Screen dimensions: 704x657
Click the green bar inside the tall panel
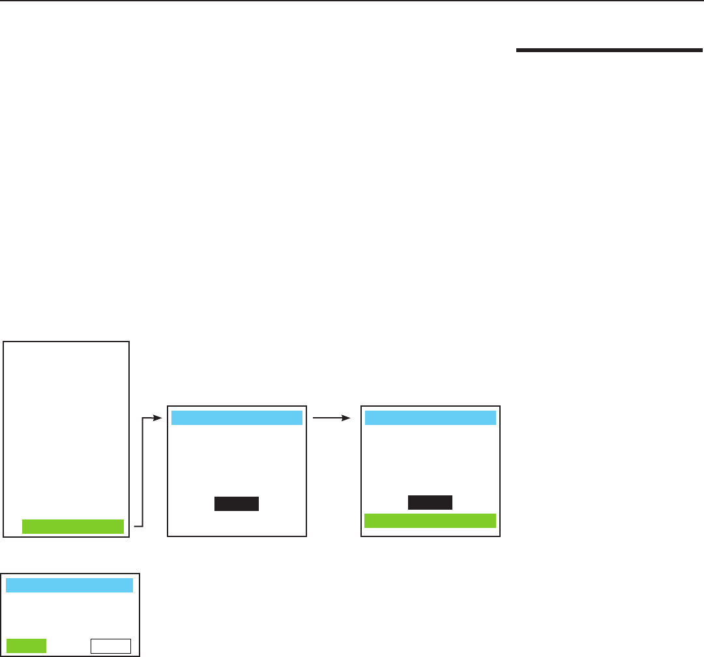point(72,527)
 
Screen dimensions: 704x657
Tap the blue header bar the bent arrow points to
point(237,418)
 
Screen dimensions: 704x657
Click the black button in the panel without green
point(237,503)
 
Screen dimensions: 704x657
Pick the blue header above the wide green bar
point(430,418)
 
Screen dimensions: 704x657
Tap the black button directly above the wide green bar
point(430,503)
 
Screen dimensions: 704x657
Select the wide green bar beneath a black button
point(430,520)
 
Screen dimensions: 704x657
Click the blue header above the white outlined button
point(69,585)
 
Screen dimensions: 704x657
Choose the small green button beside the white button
point(26,645)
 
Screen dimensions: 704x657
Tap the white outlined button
point(111,645)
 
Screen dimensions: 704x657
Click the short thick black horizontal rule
point(608,49)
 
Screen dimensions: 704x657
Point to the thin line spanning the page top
point(352,1)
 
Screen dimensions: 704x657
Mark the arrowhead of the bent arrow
point(156,418)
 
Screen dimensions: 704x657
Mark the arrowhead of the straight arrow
point(349,418)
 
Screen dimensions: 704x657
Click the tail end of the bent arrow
point(134,525)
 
